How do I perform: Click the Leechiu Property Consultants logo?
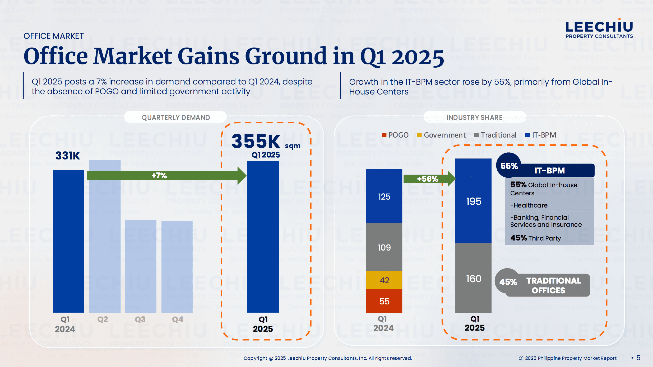[x=599, y=29]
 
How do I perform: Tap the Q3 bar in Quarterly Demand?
[x=141, y=267]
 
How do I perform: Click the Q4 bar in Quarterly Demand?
[x=177, y=267]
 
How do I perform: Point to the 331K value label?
[x=68, y=156]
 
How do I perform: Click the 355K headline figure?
[x=256, y=141]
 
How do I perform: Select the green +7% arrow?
[x=164, y=176]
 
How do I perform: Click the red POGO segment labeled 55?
[x=384, y=301]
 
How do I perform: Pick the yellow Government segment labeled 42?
[x=384, y=280]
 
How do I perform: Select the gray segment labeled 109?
[x=384, y=247]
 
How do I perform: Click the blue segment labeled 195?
[x=473, y=201]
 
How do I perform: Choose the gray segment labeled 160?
[x=473, y=279]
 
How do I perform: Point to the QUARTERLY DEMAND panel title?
[x=175, y=117]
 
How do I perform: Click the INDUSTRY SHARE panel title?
[x=474, y=117]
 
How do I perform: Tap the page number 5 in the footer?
[x=638, y=358]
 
